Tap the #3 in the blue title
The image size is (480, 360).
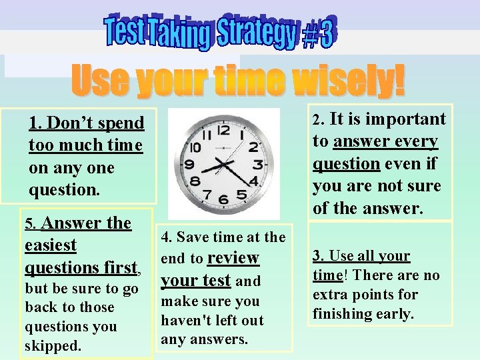click(318, 35)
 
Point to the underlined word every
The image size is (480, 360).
click(420, 141)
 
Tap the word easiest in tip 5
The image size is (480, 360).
click(51, 245)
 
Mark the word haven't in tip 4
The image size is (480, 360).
click(185, 321)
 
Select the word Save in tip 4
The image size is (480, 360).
click(191, 237)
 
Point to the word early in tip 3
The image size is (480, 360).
click(393, 313)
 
